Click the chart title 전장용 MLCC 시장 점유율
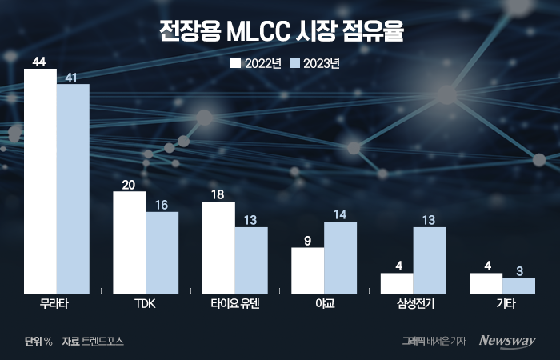280,33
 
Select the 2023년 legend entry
314,63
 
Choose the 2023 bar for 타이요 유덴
251,260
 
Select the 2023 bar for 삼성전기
430,260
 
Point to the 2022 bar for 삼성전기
397,283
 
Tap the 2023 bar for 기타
518,286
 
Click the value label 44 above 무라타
40,61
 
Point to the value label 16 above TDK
162,204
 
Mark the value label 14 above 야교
340,214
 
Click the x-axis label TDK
146,305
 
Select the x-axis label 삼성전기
413,305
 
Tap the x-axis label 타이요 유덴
234,305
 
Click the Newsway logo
506,341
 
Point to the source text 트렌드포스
103,341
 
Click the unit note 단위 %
38,341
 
